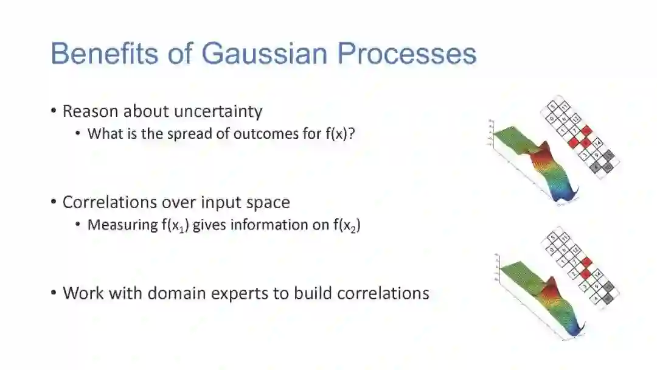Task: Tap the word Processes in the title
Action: [x=406, y=54]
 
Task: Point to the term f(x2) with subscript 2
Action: [x=346, y=225]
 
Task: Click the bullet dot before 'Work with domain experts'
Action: [x=54, y=293]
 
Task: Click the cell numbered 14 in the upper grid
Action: [x=597, y=143]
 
